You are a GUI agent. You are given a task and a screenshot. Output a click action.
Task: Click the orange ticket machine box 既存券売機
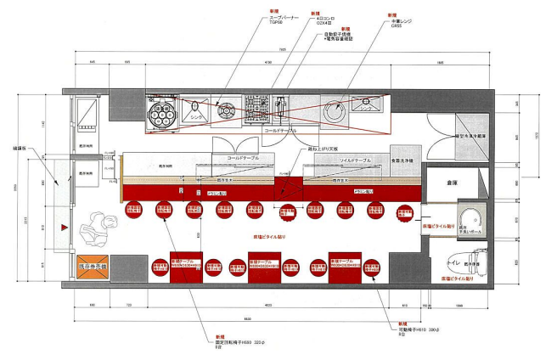92,267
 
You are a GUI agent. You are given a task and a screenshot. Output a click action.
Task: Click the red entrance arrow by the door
64,228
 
